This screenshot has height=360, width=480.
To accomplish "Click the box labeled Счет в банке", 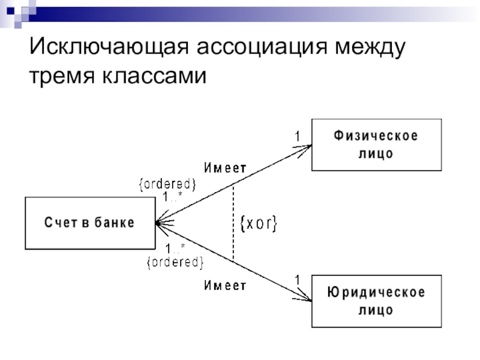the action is [x=91, y=223].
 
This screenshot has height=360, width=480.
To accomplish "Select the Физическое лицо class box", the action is [x=377, y=145].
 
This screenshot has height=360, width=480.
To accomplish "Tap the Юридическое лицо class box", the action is [x=377, y=301].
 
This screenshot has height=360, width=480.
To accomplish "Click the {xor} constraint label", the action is [x=259, y=223].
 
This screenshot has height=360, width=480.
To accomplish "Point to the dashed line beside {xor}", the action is [x=233, y=223].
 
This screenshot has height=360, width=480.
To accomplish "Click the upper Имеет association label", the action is [x=226, y=168].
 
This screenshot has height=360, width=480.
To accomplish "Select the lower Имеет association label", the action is [x=226, y=286].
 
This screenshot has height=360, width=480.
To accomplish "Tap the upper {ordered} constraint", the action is [x=167, y=184].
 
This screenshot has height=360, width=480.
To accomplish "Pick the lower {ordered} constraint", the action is [x=175, y=262].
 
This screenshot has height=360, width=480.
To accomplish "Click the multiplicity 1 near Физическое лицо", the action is [x=298, y=136].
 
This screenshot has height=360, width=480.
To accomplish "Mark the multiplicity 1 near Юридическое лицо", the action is [x=298, y=280].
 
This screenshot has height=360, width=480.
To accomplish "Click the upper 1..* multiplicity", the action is [x=173, y=197].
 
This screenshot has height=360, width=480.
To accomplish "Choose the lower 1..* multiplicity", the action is [x=175, y=248].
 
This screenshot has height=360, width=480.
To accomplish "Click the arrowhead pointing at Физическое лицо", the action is [x=304, y=150].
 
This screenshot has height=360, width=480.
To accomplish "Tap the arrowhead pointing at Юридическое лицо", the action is [x=304, y=296].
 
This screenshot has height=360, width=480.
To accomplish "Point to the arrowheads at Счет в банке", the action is [x=164, y=223].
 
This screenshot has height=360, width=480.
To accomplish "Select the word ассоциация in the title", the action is [x=262, y=47].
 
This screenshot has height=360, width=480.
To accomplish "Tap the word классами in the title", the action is [x=154, y=76].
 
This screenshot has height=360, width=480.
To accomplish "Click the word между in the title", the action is [x=370, y=47].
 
